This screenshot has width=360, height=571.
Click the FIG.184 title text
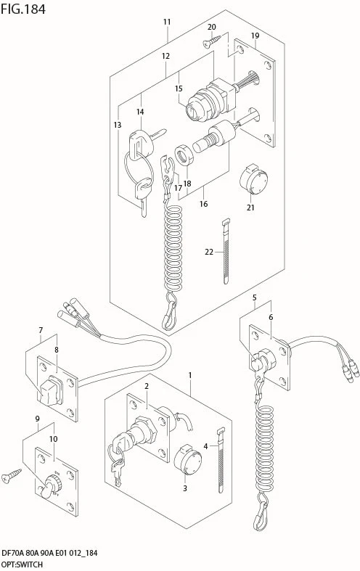(23, 9)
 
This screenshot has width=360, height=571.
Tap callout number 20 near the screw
(212, 27)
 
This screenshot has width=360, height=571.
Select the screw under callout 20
(212, 41)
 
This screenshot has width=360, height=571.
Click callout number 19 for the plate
(255, 36)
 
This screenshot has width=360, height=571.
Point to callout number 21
(250, 208)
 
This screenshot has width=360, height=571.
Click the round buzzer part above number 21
(253, 179)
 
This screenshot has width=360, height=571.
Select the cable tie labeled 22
(226, 251)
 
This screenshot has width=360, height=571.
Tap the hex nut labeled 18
(184, 155)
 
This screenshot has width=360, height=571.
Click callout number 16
(203, 204)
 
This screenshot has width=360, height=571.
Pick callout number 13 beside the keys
(118, 125)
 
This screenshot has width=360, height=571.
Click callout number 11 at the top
(167, 22)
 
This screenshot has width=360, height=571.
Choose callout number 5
(254, 297)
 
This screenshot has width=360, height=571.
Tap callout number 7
(41, 330)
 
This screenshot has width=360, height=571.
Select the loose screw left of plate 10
(12, 477)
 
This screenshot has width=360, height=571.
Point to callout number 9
(38, 419)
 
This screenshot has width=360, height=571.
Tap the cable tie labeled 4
(221, 461)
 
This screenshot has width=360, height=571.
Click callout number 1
(190, 375)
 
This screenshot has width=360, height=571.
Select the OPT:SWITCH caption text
(22, 564)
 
